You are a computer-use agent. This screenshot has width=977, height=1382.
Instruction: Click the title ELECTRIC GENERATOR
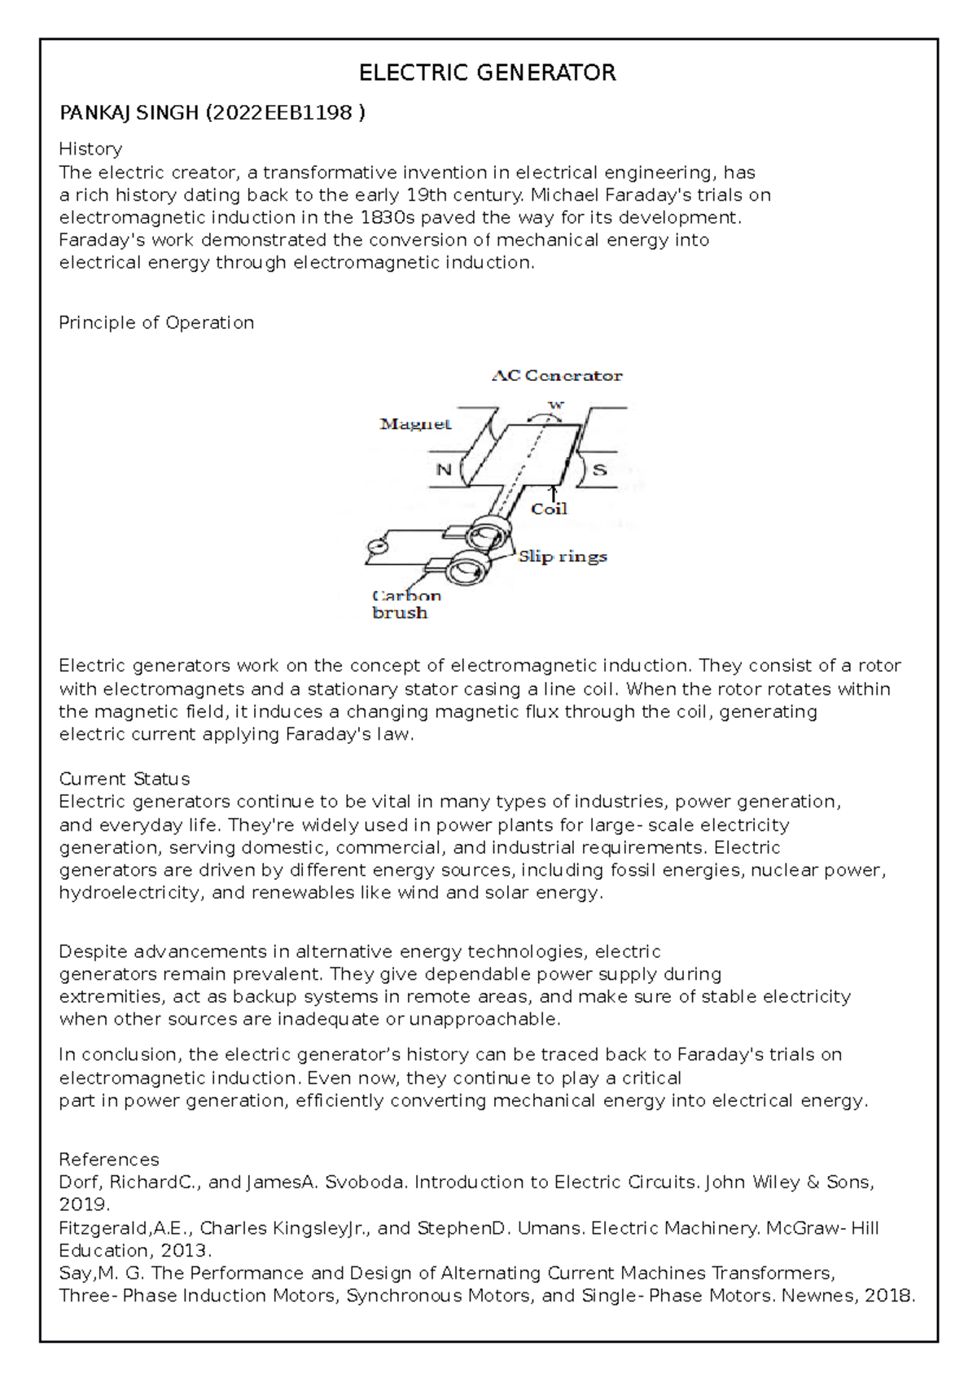tap(487, 73)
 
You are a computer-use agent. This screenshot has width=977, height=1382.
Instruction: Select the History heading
tap(90, 149)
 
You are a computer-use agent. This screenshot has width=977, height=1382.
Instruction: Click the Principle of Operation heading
tap(156, 322)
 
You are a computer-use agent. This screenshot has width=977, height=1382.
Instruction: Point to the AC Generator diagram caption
tap(557, 375)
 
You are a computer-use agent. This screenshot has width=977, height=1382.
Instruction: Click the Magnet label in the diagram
tap(415, 423)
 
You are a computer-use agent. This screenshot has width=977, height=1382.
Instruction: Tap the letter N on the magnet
tap(444, 470)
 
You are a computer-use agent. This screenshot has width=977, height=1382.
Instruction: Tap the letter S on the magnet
tap(599, 470)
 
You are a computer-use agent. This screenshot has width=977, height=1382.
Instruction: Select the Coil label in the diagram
tap(549, 509)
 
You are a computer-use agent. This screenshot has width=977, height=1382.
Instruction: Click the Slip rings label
tap(563, 556)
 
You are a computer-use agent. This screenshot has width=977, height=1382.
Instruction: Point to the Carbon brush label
tap(405, 604)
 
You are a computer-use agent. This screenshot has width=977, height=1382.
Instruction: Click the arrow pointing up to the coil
tap(554, 492)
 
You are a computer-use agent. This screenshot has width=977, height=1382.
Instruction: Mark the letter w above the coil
tap(556, 405)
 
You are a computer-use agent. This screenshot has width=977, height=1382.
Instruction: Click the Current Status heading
tap(125, 779)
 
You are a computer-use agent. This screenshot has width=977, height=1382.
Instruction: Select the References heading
tap(109, 1159)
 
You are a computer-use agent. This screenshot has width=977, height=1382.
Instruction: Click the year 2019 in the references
tap(83, 1205)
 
